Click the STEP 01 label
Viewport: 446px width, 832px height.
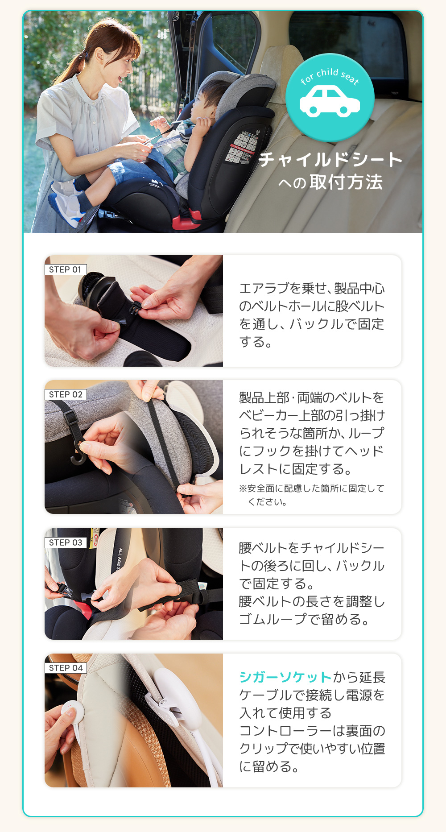(66, 269)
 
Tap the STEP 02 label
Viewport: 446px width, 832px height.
(66, 394)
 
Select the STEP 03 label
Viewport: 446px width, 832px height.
(66, 542)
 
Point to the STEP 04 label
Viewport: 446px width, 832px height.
(66, 668)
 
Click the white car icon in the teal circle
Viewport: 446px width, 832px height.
(330, 102)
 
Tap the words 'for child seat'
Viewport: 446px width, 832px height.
(330, 75)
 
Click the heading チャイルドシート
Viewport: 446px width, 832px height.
(330, 160)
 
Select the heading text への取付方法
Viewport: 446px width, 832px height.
(330, 182)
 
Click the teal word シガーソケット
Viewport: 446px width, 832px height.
(285, 677)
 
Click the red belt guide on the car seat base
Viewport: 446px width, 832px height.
(187, 221)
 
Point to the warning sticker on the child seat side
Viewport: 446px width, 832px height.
(244, 148)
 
